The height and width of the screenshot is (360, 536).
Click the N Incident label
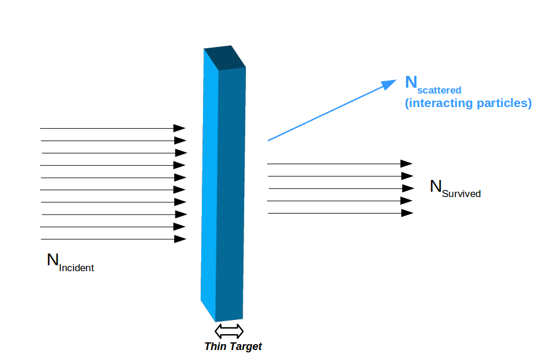(70, 262)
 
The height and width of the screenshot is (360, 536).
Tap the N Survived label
(455, 188)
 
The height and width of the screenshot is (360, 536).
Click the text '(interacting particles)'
(468, 104)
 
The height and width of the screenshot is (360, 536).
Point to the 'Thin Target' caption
(233, 346)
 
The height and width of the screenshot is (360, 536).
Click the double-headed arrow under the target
(229, 330)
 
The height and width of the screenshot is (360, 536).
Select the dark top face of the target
(225, 58)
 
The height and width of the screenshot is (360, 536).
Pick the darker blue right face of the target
(231, 194)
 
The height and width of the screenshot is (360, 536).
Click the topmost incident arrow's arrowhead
(180, 128)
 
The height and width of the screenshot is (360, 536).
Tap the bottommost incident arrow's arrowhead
(181, 239)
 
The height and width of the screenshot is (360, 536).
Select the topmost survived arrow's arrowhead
(407, 164)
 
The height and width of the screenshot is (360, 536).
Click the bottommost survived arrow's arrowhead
(407, 213)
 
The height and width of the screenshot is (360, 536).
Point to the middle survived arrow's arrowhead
(408, 188)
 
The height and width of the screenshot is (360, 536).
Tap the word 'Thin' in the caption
(215, 346)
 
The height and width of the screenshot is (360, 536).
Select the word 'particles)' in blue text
(502, 104)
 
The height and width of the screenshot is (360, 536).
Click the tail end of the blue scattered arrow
(269, 140)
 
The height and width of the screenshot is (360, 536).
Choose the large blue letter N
(411, 82)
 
